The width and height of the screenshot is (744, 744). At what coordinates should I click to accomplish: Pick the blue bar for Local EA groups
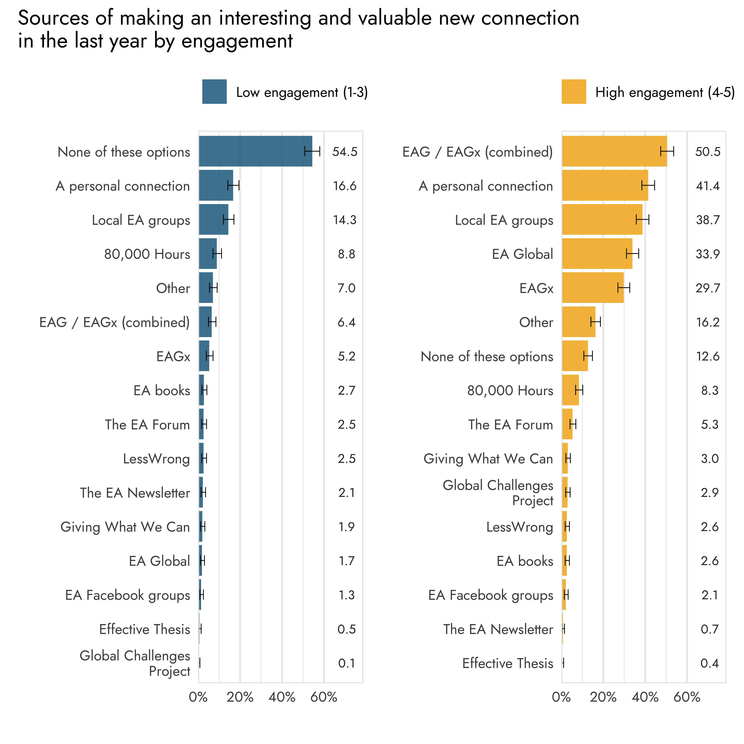[x=213, y=219]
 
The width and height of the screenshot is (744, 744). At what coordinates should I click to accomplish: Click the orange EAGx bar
[x=592, y=288]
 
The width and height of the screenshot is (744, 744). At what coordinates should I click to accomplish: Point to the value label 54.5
[x=345, y=152]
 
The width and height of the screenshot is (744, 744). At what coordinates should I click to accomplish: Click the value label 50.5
[x=707, y=152]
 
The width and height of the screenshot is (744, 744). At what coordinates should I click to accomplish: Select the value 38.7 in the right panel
[x=707, y=220]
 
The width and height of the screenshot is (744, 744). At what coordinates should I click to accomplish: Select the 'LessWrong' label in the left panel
[x=156, y=459]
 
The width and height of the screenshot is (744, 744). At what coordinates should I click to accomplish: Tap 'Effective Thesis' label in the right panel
[x=508, y=663]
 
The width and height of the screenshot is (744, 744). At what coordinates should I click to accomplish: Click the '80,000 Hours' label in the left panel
[x=147, y=254]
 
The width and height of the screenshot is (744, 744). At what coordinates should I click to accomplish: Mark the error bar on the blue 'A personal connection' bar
[x=233, y=186]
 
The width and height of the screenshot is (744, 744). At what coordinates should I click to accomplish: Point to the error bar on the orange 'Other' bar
[x=595, y=322]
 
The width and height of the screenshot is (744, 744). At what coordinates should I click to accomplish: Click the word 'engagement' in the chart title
[x=237, y=41]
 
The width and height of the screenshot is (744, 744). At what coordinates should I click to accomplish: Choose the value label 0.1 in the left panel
[x=346, y=663]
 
